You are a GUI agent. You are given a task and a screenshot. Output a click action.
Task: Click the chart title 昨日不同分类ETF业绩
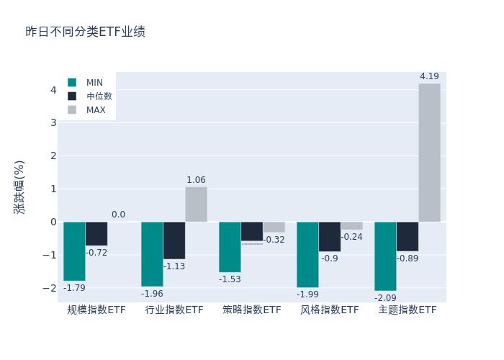pyautogui.click(x=85, y=32)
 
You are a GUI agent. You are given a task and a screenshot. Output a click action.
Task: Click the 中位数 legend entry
pyautogui.click(x=99, y=96)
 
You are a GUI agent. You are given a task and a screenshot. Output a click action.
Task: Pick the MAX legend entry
pyautogui.click(x=96, y=110)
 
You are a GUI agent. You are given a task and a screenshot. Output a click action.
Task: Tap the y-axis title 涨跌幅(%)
pyautogui.click(x=19, y=186)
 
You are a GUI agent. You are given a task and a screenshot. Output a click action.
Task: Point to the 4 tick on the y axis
pyautogui.click(x=53, y=90)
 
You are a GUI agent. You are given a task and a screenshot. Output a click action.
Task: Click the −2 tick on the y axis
pyautogui.click(x=50, y=288)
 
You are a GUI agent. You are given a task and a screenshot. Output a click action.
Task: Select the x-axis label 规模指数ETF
pyautogui.click(x=96, y=310)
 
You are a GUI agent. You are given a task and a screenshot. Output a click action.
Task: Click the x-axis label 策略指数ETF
pyautogui.click(x=252, y=310)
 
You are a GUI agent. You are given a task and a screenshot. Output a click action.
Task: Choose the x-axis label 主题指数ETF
pyautogui.click(x=408, y=310)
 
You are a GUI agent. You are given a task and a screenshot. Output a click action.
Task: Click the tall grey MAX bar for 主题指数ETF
pyautogui.click(x=429, y=153)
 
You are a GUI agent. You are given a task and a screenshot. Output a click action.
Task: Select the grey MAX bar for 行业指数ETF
pyautogui.click(x=196, y=204)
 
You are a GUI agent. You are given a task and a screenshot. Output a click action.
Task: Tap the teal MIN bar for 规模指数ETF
pyautogui.click(x=74, y=251)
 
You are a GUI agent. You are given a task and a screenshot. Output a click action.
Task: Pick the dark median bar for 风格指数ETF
pyautogui.click(x=330, y=236)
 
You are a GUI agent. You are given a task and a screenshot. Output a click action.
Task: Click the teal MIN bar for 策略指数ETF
pyautogui.click(x=230, y=247)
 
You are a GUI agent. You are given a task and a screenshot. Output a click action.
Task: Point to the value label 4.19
pyautogui.click(x=429, y=76)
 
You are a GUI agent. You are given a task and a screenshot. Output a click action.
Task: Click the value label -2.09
pyautogui.click(x=385, y=297)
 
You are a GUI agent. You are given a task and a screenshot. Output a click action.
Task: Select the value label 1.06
pyautogui.click(x=196, y=180)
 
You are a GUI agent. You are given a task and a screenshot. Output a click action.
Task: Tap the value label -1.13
pyautogui.click(x=174, y=266)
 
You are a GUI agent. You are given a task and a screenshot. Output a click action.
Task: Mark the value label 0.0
pyautogui.click(x=118, y=215)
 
